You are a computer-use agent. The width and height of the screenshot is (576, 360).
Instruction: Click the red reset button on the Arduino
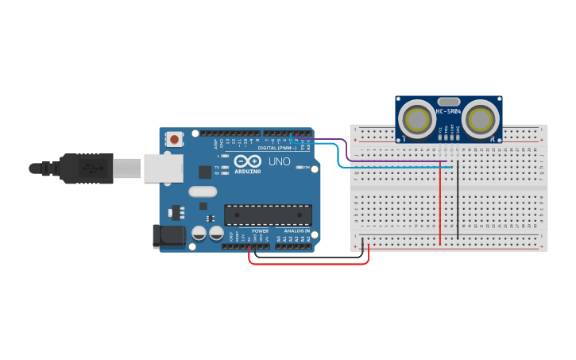pyautogui.click(x=175, y=139)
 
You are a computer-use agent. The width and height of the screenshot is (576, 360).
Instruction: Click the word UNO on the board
pyautogui.click(x=279, y=161)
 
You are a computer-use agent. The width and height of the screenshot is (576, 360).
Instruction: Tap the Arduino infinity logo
pyautogui.click(x=247, y=161)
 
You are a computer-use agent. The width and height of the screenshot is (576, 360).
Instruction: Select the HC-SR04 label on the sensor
pyautogui.click(x=448, y=111)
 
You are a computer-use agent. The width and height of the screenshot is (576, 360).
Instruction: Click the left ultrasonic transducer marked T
pyautogui.click(x=416, y=119)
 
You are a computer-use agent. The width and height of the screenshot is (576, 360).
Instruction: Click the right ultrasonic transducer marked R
pyautogui.click(x=481, y=119)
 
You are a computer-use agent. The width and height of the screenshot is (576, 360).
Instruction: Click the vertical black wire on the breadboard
pyautogui.click(x=458, y=203)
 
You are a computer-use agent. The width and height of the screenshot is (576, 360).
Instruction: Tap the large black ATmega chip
pyautogui.click(x=268, y=215)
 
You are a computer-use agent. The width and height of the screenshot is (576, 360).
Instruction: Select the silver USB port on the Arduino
pyautogui.click(x=163, y=168)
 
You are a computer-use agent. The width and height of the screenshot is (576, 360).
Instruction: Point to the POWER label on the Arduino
pyautogui.click(x=260, y=231)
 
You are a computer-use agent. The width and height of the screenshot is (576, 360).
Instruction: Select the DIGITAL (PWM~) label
pyautogui.click(x=276, y=148)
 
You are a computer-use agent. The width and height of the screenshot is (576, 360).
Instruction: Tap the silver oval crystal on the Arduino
pyautogui.click(x=203, y=191)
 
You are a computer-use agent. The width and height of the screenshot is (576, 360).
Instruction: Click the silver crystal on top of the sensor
pyautogui.click(x=449, y=101)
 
